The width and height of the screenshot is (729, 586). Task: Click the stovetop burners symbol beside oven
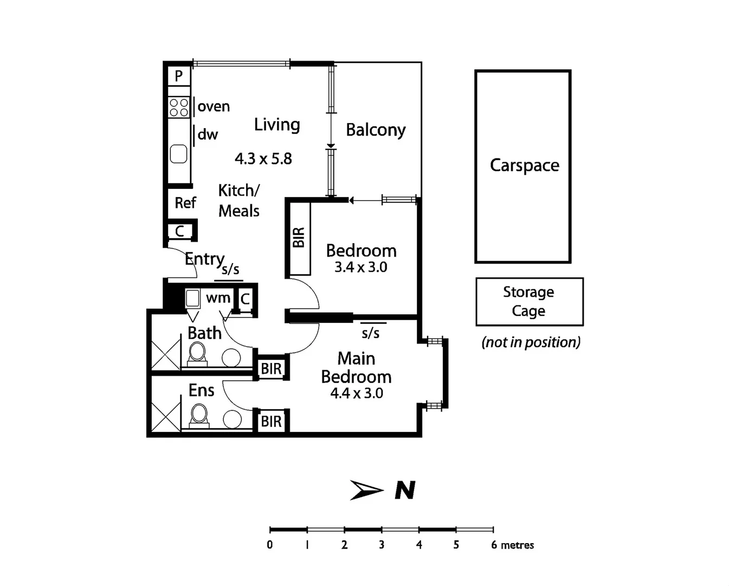pos(178,107)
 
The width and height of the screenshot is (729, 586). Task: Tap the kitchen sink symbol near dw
pos(178,154)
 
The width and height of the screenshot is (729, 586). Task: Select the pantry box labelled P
pos(178,76)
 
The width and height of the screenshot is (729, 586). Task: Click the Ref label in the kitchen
pos(185,203)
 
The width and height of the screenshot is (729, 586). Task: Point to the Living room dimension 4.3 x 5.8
pos(263,159)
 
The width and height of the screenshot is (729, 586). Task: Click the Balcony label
pos(376,130)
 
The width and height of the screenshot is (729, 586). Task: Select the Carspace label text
pos(524,165)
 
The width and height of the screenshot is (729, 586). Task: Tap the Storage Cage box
pos(529,302)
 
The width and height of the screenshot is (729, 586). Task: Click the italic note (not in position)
pos(531,342)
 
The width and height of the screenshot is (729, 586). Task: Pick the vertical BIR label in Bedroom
pos(299,238)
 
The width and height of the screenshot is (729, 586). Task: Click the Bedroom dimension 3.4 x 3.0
pos(360,267)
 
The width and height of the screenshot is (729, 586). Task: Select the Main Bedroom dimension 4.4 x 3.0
pos(357,393)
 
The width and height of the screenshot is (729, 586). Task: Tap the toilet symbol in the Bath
pos(197,354)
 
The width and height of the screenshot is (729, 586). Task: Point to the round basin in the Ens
pos(233,419)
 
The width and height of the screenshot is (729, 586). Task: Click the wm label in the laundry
pos(218,298)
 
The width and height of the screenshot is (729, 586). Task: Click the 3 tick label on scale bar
pos(382,545)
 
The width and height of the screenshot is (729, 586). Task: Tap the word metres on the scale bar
pos(517,545)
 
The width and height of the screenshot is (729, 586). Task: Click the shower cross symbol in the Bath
pos(166,355)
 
